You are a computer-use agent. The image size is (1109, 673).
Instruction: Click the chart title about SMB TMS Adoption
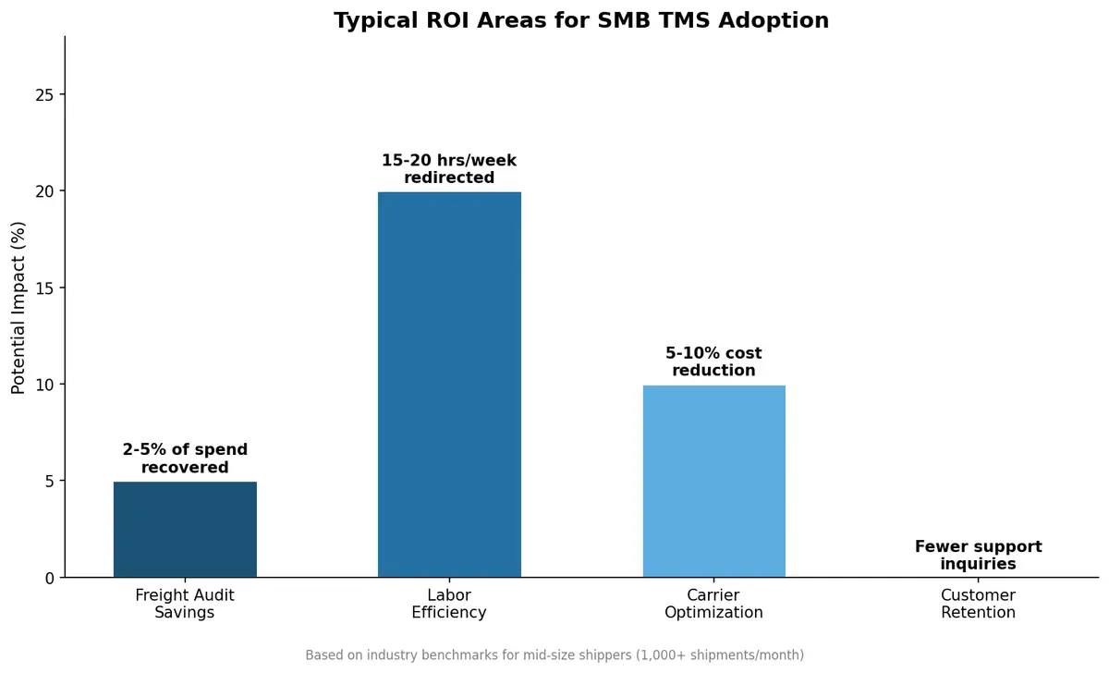pos(580,20)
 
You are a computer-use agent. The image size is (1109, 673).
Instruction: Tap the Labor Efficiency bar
pos(449,385)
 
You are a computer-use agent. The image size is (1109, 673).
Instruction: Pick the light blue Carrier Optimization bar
pos(713,481)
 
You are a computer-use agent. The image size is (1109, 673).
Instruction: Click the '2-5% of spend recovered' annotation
pos(185,459)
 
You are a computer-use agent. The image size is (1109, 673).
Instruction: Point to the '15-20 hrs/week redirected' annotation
pos(449,169)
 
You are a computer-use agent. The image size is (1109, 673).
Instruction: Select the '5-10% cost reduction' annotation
pos(713,361)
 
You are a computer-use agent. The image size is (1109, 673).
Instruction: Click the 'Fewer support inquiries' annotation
pos(978,555)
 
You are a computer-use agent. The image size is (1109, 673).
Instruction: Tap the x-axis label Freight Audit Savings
pos(185,604)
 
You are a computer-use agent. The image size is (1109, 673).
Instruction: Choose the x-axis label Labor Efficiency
pos(449,604)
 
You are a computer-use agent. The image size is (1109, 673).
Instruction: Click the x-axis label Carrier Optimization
pos(713,604)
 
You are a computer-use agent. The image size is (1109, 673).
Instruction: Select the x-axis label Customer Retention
pos(978,604)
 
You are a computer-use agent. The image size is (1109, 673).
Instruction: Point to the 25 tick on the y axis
pos(46,95)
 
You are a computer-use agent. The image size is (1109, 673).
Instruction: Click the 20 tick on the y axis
pos(46,191)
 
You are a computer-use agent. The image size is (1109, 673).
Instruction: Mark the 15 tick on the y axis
pos(46,288)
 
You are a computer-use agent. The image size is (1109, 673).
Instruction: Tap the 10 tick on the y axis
pos(46,385)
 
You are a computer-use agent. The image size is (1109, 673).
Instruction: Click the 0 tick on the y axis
pos(51,578)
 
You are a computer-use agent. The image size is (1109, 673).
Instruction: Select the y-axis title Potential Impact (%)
pos(18,307)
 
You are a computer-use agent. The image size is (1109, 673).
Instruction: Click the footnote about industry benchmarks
pos(554,655)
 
